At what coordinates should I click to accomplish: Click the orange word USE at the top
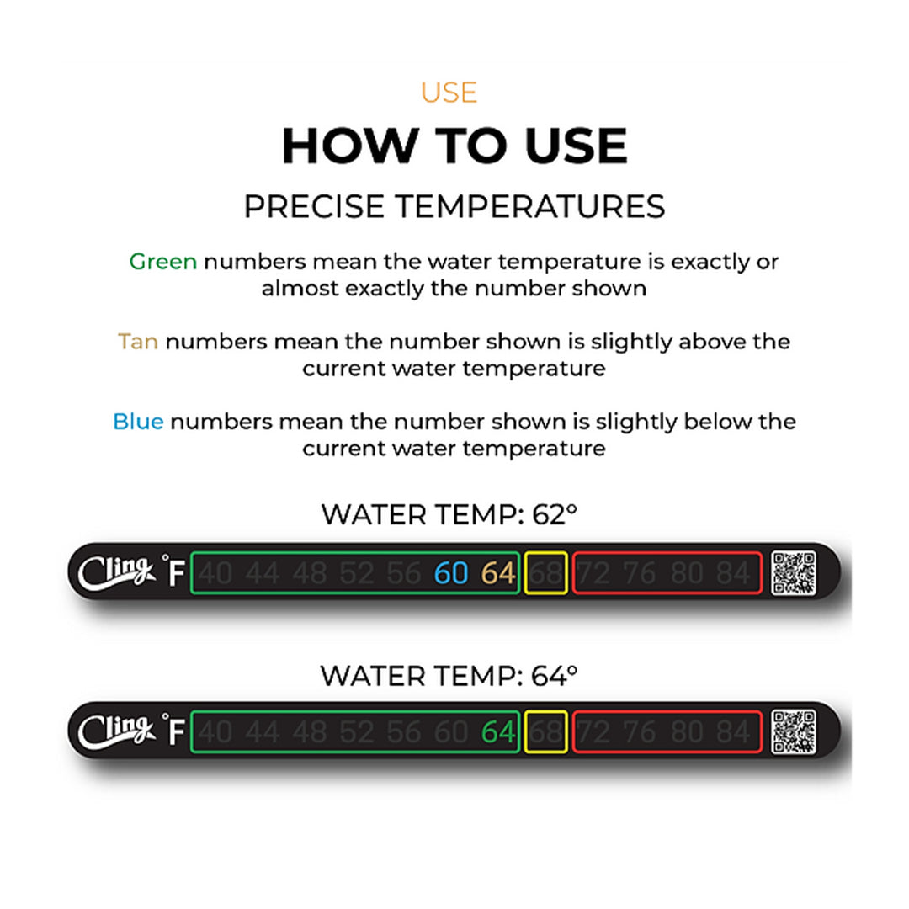tap(449, 93)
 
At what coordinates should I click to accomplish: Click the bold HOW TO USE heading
tap(454, 146)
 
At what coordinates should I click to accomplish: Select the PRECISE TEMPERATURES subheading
tap(454, 207)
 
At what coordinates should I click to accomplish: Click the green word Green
tap(162, 262)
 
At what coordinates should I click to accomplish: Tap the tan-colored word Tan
tap(138, 342)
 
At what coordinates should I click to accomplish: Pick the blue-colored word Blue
tap(138, 422)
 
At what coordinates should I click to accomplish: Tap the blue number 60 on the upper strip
tap(451, 573)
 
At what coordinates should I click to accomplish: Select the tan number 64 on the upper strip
tap(497, 573)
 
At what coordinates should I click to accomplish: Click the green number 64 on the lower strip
tap(497, 732)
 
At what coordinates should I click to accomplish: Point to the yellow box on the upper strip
tap(545, 573)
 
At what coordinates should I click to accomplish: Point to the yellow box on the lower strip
tap(545, 732)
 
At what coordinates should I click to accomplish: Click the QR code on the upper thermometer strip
tap(794, 572)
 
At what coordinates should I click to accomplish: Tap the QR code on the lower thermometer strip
tap(794, 731)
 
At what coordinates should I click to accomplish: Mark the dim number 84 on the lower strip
tap(733, 732)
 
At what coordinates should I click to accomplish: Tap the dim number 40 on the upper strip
tap(216, 573)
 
